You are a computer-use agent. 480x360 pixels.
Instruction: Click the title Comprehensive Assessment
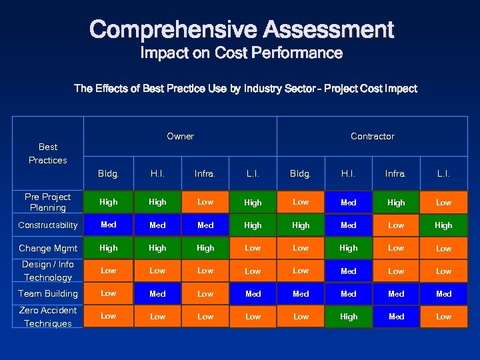coord(241,29)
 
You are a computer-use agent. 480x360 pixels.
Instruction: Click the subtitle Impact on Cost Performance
coord(241,53)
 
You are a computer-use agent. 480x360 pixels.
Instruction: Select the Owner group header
coord(180,136)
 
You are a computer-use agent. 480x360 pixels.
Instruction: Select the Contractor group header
coord(372,136)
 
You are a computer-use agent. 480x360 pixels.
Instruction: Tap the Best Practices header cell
coord(48,153)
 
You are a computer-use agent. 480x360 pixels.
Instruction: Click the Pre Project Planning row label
coord(48,202)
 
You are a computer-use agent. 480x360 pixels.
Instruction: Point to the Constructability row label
coord(48,225)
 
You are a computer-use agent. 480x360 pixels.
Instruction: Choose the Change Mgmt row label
coord(48,248)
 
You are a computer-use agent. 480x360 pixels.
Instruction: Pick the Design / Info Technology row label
coord(48,271)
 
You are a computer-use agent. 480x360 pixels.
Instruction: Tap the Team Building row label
coord(48,293)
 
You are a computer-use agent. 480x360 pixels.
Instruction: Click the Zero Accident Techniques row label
coord(48,317)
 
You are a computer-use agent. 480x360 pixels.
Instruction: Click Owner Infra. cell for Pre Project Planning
coord(205,202)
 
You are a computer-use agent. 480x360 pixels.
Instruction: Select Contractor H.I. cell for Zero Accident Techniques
coord(348,317)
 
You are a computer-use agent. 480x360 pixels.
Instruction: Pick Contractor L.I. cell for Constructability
coord(443,225)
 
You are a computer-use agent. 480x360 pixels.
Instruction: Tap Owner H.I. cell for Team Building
coord(157,293)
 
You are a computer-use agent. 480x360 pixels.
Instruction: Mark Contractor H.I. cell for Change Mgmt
coord(348,248)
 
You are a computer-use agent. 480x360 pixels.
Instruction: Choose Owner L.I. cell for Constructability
coord(253,225)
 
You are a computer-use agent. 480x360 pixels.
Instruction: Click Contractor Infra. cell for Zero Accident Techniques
coord(396,317)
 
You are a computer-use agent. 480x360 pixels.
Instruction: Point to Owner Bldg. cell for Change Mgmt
coord(108,248)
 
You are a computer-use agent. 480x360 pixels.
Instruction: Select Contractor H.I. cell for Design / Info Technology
coord(348,271)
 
